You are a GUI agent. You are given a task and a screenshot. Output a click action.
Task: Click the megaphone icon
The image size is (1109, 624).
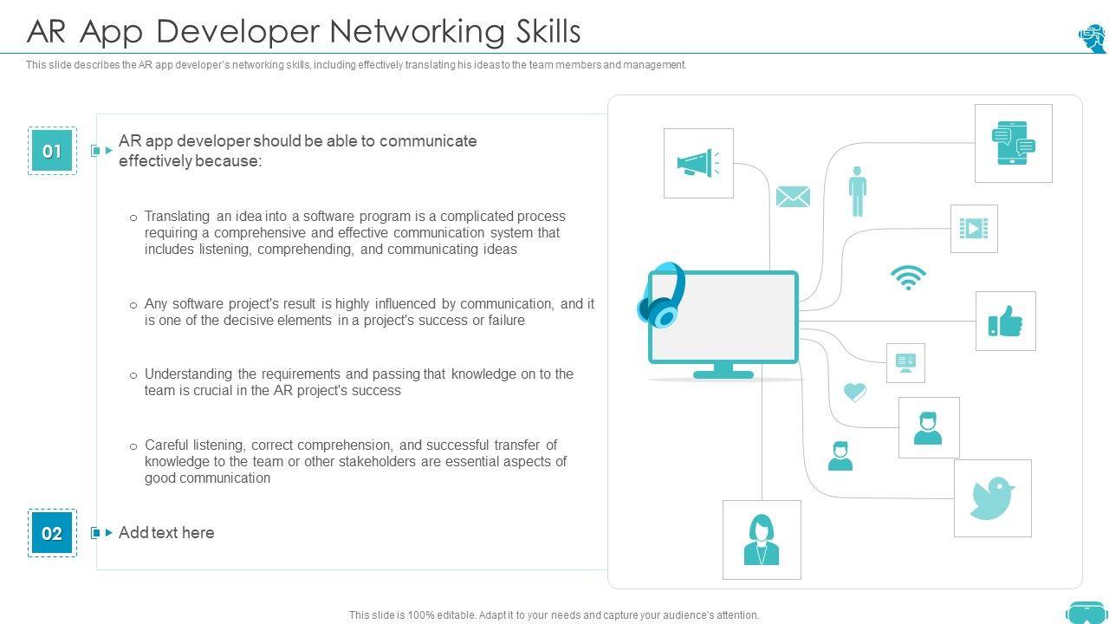[697, 163]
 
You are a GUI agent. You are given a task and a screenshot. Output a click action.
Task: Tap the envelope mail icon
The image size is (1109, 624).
[793, 197]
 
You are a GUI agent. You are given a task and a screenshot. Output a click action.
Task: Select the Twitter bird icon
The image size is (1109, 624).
[992, 497]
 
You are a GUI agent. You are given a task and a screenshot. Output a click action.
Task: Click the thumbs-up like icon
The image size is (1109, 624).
[1005, 321]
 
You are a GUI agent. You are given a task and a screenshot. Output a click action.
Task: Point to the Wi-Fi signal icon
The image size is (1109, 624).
[908, 277]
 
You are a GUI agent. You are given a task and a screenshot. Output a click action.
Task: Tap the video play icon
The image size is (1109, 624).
[974, 229]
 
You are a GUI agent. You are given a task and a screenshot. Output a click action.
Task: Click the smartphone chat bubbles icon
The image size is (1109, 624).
[1013, 143]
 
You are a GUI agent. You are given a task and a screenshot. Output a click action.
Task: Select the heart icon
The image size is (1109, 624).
[854, 393]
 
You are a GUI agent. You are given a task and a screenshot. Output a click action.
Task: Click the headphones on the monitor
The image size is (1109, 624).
[661, 296]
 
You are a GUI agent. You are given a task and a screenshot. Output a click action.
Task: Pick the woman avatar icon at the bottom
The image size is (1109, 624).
[762, 539]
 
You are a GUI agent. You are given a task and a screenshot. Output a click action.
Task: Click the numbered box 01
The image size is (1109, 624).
[52, 151]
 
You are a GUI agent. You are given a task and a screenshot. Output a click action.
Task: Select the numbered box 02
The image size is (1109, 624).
[52, 533]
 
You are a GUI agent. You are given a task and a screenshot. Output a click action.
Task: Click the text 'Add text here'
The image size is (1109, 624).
[166, 533]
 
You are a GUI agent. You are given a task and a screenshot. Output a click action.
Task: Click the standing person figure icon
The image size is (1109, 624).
[858, 192]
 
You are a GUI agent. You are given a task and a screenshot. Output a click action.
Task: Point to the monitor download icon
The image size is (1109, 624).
[905, 362]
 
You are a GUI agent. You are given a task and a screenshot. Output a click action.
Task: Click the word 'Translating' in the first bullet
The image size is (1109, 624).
[177, 216]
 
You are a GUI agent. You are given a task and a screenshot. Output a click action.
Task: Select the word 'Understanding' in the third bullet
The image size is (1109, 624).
[188, 374]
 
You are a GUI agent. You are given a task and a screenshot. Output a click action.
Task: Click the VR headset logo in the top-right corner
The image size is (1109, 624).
[1092, 38]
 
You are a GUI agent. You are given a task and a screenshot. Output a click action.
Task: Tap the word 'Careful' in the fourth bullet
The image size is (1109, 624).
[167, 445]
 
